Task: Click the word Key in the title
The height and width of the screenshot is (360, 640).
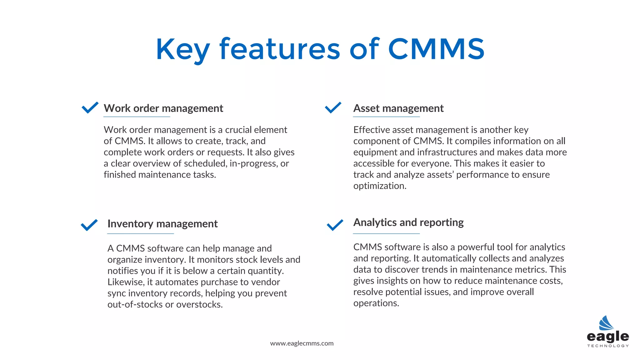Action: [x=183, y=49]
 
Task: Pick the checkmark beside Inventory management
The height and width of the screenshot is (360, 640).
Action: [x=89, y=225]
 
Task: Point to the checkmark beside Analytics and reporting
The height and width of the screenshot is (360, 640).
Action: [x=335, y=225]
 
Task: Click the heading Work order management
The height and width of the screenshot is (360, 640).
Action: [x=163, y=108]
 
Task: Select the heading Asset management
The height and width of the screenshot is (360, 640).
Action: [x=398, y=108]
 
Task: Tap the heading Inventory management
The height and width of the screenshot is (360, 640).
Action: [x=162, y=224]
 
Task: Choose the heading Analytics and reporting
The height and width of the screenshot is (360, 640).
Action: [x=408, y=222]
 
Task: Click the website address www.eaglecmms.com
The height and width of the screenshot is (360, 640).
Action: [x=302, y=343]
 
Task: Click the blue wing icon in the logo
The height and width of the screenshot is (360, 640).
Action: [x=606, y=323]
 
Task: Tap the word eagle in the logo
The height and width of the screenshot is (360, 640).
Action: [x=608, y=337]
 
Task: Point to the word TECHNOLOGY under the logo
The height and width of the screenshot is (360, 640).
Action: [x=608, y=346]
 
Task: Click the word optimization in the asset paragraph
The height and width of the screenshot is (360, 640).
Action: [x=380, y=186]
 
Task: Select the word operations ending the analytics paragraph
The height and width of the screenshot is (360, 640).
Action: [x=376, y=303]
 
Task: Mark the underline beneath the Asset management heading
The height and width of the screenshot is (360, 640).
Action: [x=386, y=117]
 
